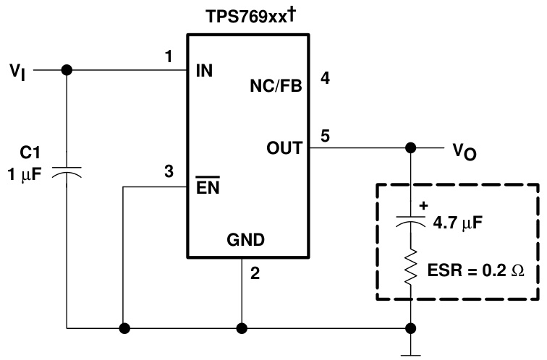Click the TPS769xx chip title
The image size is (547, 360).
point(246,15)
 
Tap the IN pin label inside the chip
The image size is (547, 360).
point(205,72)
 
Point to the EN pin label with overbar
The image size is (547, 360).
point(208,187)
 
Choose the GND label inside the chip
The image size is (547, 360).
point(246,240)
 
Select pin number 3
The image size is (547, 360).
point(169,171)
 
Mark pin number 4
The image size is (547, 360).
point(326,78)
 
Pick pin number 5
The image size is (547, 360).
point(326,134)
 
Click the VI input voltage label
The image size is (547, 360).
point(17,72)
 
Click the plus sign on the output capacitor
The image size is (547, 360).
point(423,205)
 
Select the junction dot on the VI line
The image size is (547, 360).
point(67,70)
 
